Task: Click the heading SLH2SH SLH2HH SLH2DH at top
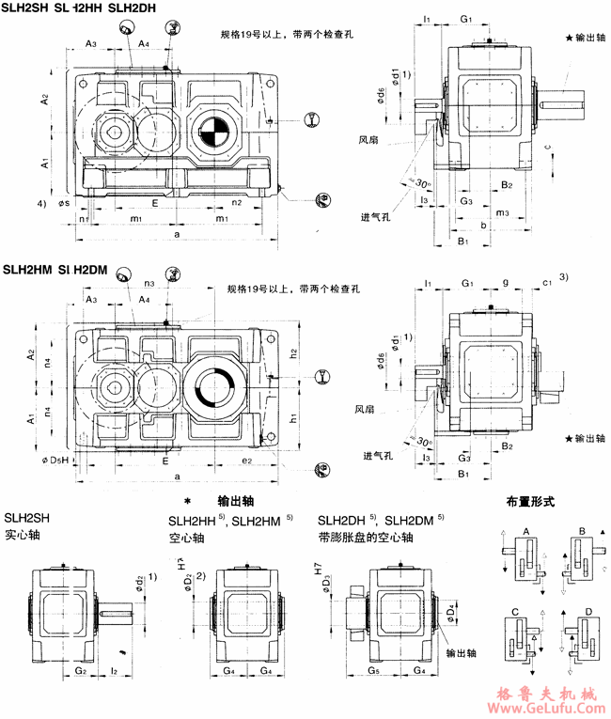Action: [67, 8]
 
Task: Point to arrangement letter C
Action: [517, 613]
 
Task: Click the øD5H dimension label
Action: [57, 460]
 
